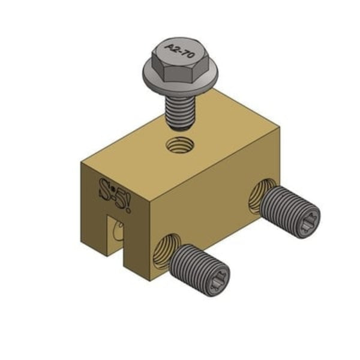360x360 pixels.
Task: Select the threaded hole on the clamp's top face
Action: (x=179, y=145)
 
